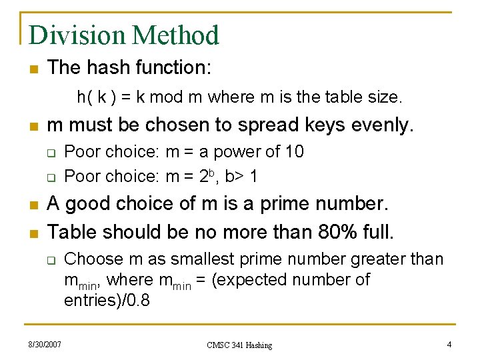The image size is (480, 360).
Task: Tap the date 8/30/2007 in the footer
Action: click(45, 344)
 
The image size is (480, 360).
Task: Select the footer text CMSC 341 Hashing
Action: click(239, 345)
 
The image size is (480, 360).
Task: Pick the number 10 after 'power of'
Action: click(294, 152)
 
